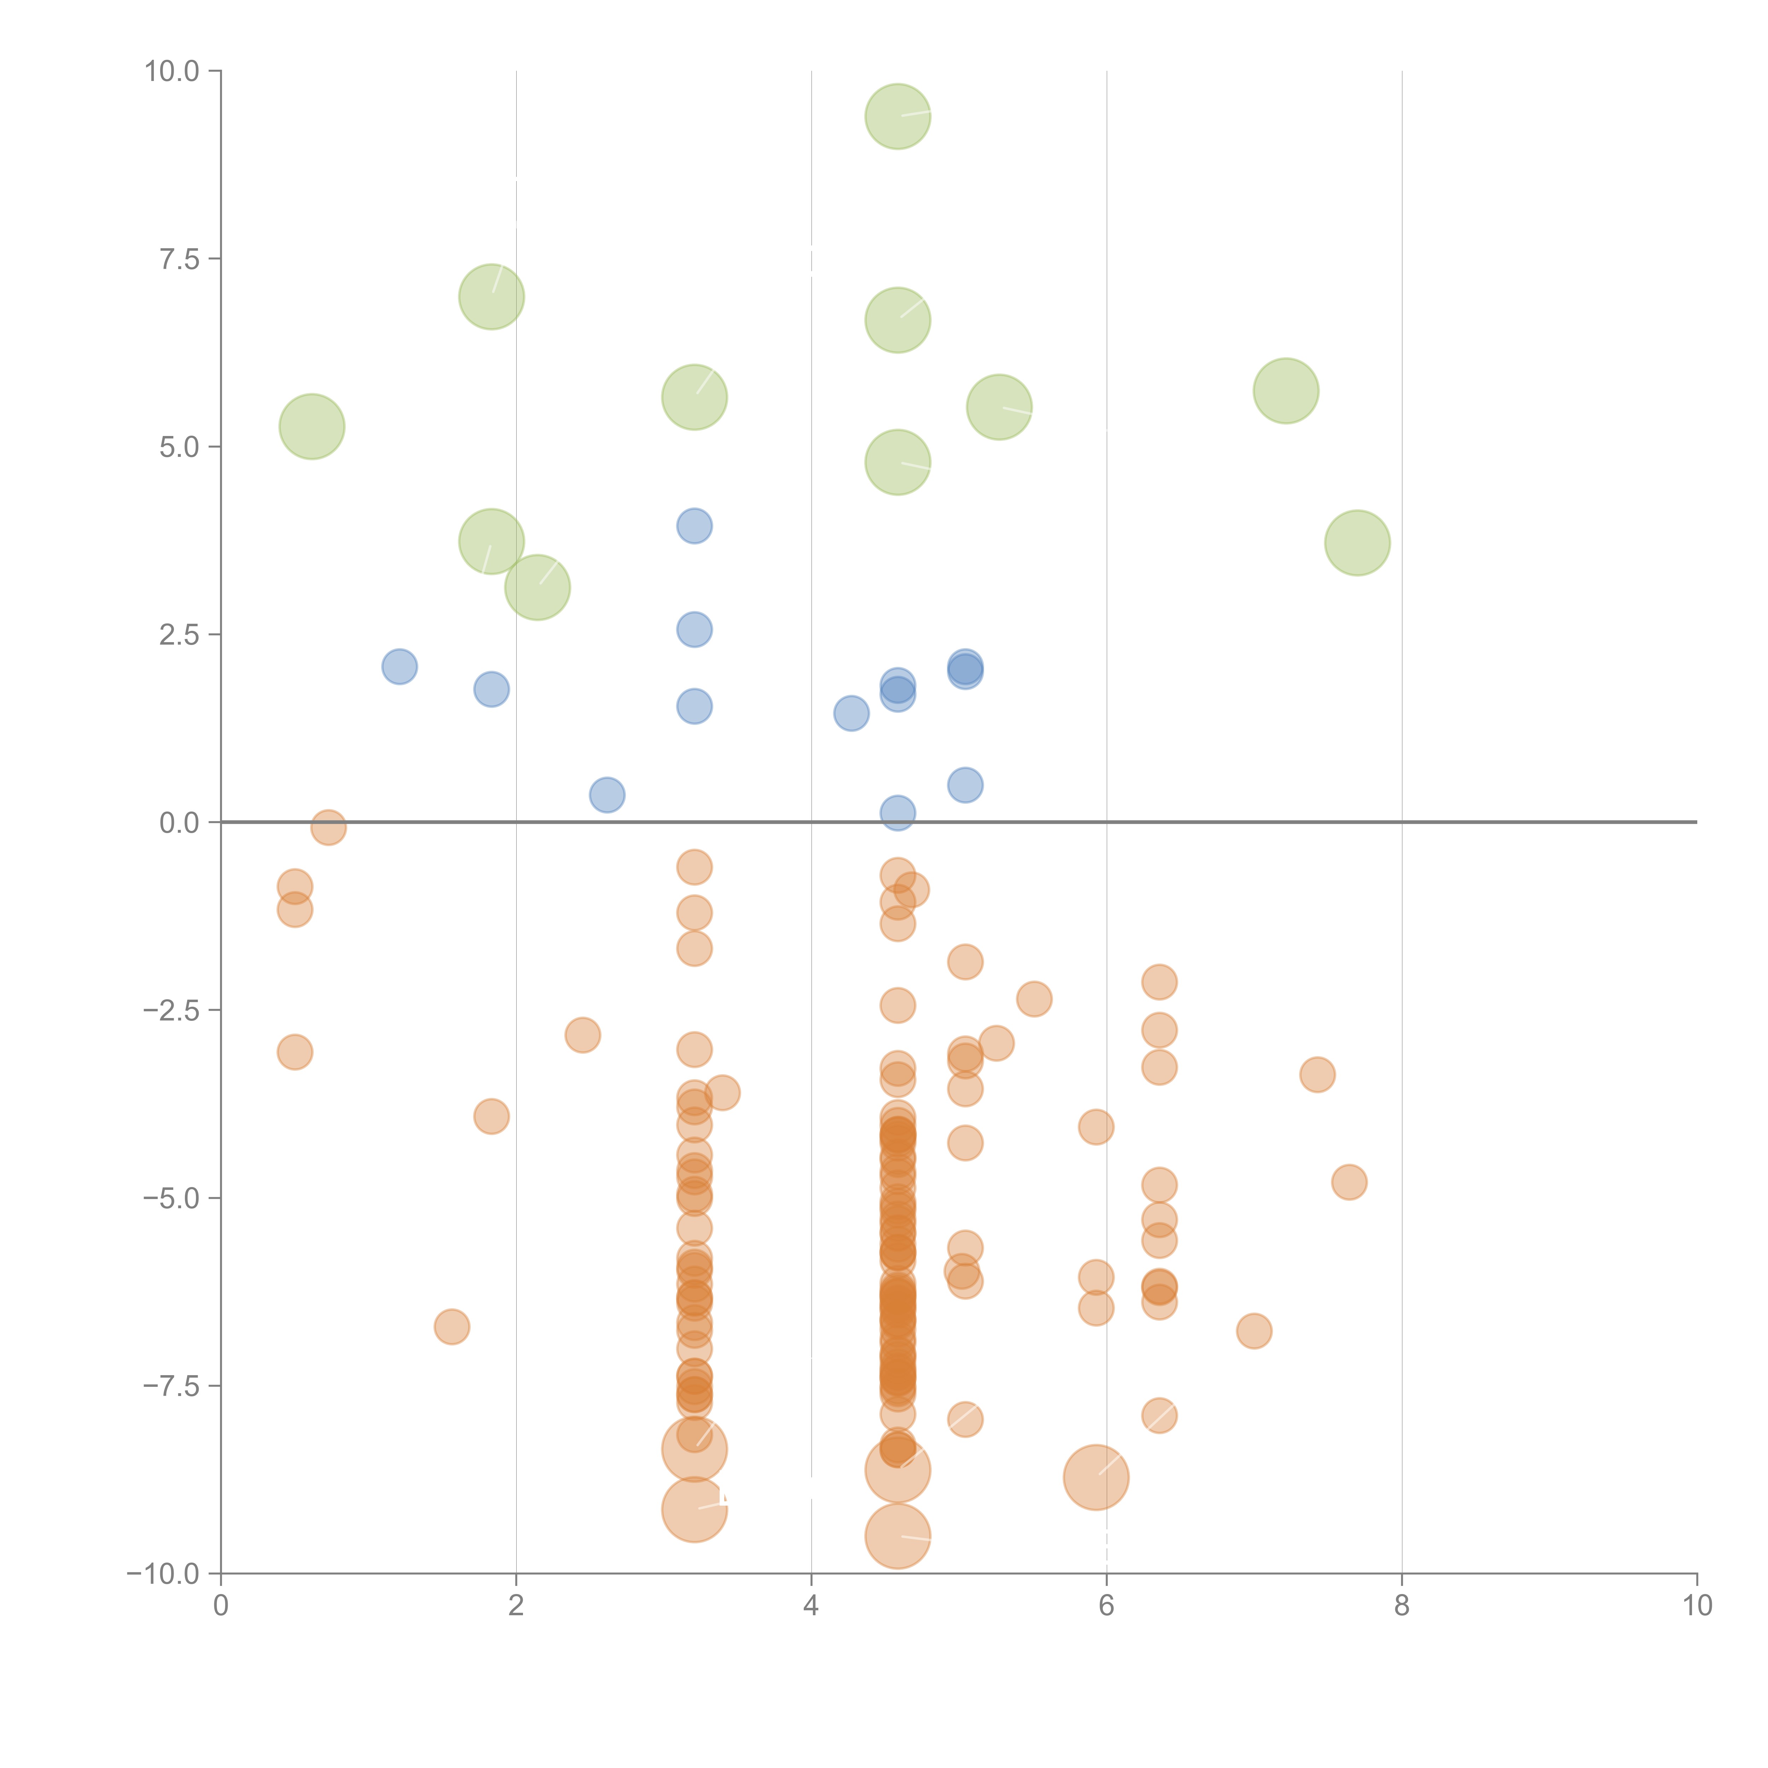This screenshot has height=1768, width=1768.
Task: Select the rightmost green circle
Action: [1357, 543]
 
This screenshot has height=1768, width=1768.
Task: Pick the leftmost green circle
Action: [312, 426]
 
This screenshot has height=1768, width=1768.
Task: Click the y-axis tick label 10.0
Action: [172, 71]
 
